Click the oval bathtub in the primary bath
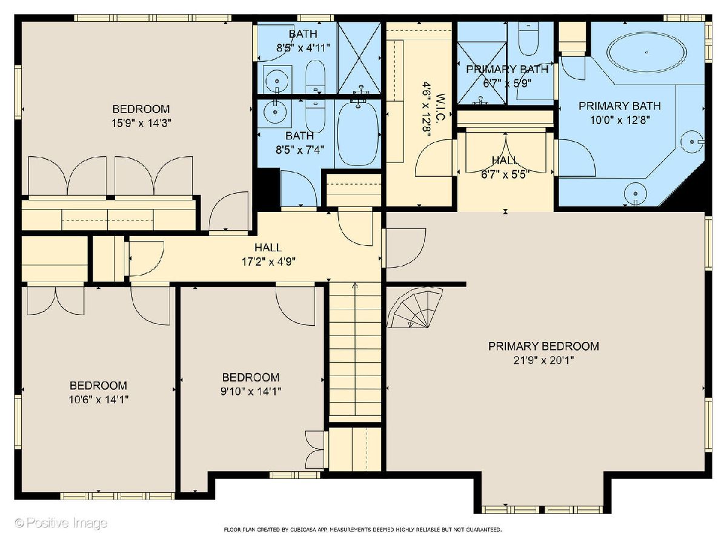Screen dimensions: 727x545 646,52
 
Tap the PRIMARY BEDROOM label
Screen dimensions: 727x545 543,346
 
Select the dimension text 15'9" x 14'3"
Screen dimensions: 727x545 141,124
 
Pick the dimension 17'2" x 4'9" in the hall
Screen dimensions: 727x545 268,262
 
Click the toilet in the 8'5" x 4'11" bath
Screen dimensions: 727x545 315,77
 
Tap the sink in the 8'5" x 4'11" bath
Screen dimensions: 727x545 277,81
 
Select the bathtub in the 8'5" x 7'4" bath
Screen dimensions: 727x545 357,133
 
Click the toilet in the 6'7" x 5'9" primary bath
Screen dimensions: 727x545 529,39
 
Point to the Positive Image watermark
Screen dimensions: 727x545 61,523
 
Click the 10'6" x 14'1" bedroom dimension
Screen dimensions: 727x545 98,400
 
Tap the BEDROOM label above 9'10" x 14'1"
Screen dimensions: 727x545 251,377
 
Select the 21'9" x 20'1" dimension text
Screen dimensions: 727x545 543,360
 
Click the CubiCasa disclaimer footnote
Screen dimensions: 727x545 363,530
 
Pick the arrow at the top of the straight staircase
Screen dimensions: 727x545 355,285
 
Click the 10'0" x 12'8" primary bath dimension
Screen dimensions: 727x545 620,120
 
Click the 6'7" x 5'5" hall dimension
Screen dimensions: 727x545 505,174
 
